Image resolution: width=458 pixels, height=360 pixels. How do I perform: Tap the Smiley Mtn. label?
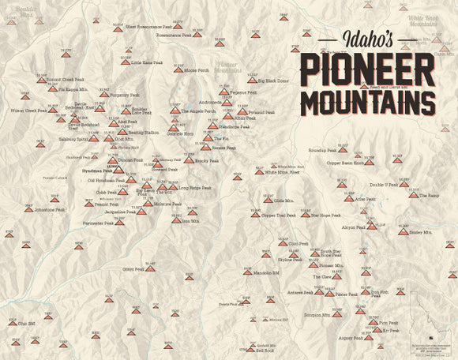point(421,234)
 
